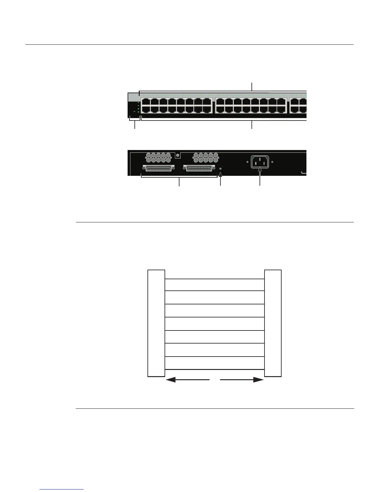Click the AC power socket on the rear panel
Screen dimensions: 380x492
[x=260, y=162]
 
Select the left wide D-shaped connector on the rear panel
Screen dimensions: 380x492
[x=158, y=168]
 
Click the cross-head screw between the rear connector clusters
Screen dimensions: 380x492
[x=178, y=155]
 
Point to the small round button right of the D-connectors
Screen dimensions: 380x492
[x=220, y=168]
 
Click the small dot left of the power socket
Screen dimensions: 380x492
[x=247, y=162]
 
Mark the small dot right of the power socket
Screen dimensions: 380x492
[x=272, y=162]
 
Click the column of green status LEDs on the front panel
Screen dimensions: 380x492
[x=138, y=107]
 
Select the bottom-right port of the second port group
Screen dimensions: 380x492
[x=282, y=109]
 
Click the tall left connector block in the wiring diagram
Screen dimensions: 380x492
[x=156, y=323]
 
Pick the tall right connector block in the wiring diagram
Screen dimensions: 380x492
[x=273, y=323]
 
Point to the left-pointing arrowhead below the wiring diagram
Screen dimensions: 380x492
[x=171, y=380]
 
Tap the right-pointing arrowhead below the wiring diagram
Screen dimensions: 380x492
[x=258, y=380]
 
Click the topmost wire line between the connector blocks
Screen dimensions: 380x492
[x=215, y=279]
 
